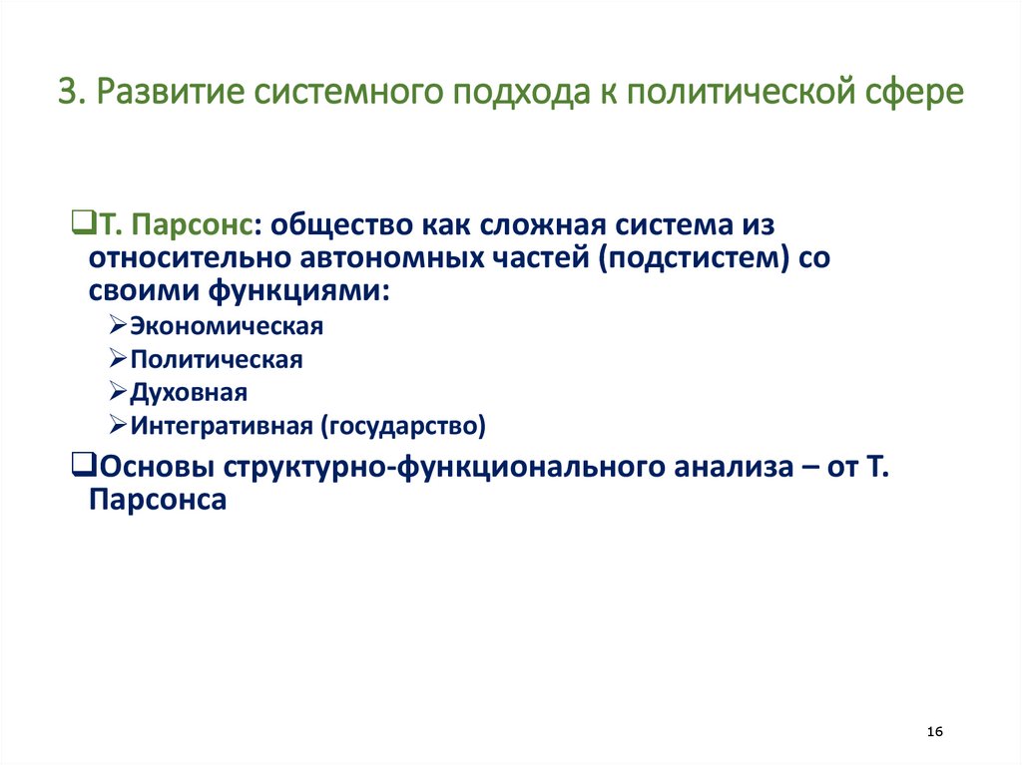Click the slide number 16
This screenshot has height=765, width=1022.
point(935,732)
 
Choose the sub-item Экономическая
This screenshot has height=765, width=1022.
point(227,326)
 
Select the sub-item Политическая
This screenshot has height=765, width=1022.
point(216,359)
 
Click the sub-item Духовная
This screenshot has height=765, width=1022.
point(188,392)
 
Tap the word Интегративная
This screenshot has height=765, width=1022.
point(223,426)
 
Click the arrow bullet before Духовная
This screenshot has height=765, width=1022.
point(118,392)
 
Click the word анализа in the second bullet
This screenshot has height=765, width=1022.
point(718,466)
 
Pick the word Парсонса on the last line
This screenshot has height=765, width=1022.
point(158,501)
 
